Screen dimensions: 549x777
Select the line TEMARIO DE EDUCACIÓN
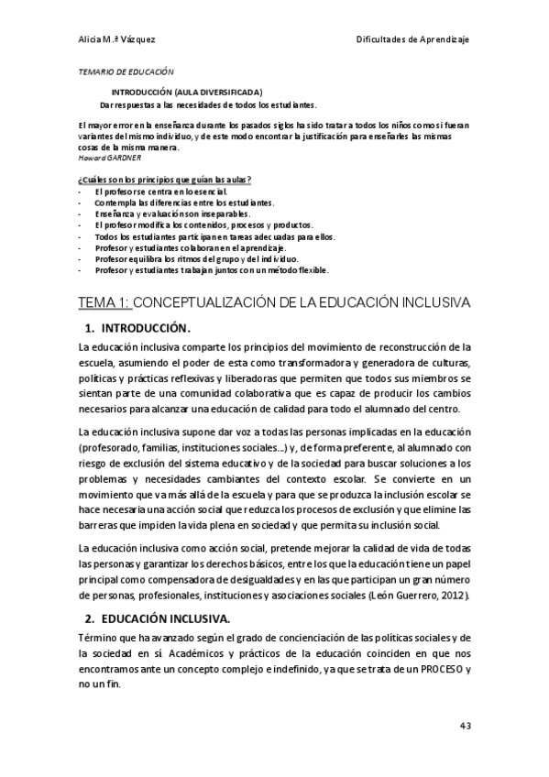pos(124,71)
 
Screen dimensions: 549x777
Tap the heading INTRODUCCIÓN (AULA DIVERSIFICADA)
pos(187,92)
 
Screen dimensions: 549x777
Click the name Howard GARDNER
pos(104,158)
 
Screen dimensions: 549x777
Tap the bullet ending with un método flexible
pos(211,270)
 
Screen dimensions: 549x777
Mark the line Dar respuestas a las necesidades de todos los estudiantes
pos(208,104)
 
